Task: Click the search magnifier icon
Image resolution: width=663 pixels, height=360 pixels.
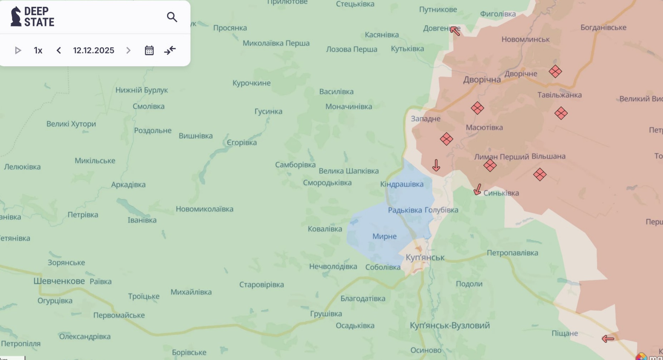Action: tap(172, 17)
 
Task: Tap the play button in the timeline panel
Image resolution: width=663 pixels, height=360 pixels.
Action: tap(18, 50)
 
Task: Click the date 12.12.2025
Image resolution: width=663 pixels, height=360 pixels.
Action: tap(93, 50)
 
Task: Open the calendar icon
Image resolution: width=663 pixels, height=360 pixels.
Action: tap(149, 50)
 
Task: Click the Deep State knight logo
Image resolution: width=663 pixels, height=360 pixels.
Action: tap(16, 16)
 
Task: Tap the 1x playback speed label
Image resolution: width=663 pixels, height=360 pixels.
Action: tap(38, 50)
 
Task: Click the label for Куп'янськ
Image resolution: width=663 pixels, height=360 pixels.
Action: tap(425, 257)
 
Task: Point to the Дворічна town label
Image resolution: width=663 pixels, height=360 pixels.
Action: tap(482, 79)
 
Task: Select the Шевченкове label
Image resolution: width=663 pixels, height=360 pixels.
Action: tap(59, 281)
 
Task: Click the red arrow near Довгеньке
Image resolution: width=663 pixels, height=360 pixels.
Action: tap(455, 31)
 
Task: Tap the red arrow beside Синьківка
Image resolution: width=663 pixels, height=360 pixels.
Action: tap(478, 190)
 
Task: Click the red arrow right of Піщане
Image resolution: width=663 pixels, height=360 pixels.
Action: tap(608, 339)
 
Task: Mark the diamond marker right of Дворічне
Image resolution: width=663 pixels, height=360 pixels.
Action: tap(555, 72)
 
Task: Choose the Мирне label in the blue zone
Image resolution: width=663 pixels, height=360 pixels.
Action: tap(384, 236)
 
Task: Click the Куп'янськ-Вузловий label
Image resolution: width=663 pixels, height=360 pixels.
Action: tap(449, 325)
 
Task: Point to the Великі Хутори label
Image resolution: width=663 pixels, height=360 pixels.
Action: tap(71, 124)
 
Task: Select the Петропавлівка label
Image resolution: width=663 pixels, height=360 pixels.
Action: tap(512, 253)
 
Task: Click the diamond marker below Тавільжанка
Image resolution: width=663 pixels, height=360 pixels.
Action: tap(561, 113)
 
